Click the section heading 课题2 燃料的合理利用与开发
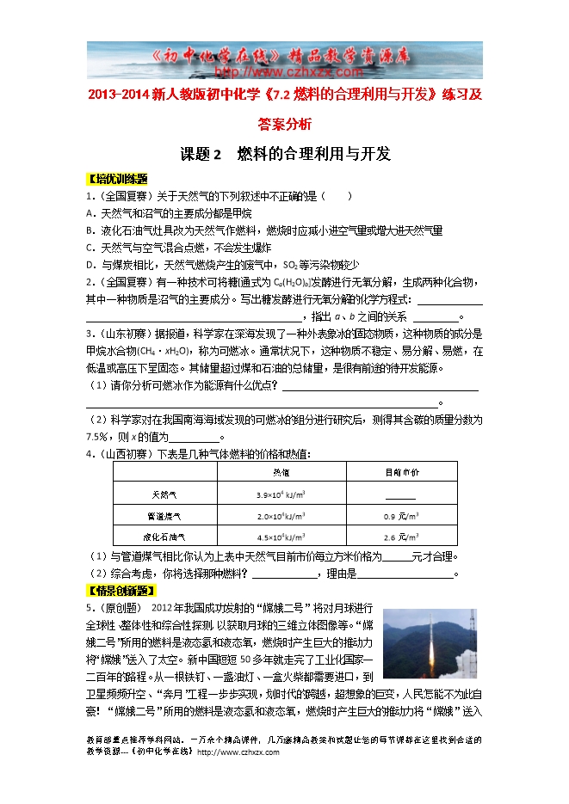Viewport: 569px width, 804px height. point(285,155)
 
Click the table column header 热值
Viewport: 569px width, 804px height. point(281,473)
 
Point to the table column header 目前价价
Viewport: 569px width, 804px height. point(401,473)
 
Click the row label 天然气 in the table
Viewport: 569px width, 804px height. point(164,494)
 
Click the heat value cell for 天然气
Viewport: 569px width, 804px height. point(281,495)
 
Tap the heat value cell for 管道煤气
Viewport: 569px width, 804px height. point(281,517)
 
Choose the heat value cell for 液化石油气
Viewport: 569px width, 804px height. point(281,538)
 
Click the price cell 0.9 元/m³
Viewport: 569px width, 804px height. point(401,517)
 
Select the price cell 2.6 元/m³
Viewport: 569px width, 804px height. point(401,538)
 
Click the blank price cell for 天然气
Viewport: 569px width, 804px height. point(401,496)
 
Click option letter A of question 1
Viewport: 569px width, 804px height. point(90,212)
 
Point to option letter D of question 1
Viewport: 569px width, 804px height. point(90,264)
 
